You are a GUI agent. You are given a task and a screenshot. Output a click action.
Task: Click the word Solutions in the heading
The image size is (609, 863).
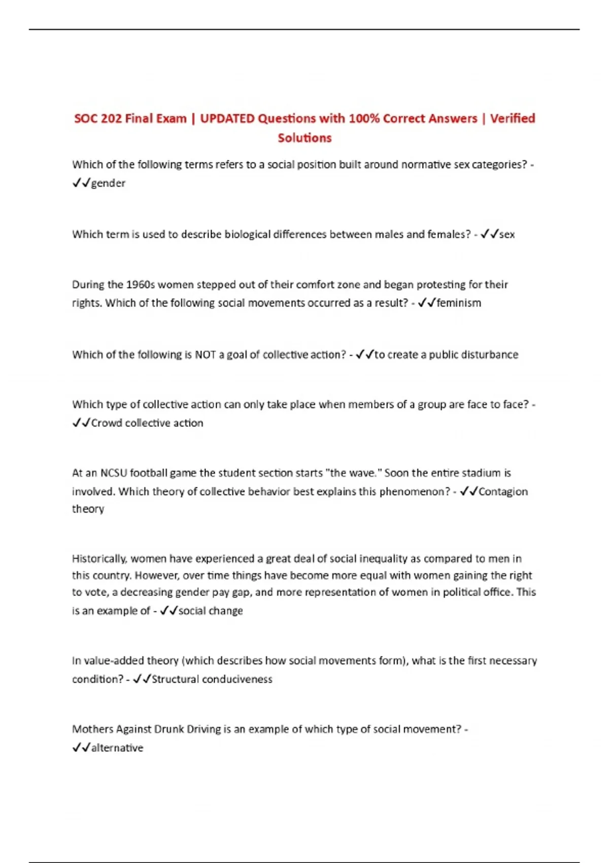[x=304, y=138]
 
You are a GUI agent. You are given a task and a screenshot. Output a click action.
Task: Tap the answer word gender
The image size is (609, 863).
[x=108, y=183]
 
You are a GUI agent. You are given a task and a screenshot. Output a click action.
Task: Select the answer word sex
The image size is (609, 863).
[x=507, y=235]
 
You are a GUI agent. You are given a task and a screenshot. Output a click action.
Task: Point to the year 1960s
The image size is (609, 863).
[x=141, y=285]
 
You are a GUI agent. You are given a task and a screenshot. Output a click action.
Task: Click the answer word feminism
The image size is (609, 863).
[x=459, y=303]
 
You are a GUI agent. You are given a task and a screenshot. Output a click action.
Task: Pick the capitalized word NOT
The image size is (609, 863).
[x=206, y=355]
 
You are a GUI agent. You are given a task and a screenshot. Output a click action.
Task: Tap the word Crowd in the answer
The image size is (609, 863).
[x=107, y=423]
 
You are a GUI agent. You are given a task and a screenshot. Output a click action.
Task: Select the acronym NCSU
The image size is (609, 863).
[x=114, y=473]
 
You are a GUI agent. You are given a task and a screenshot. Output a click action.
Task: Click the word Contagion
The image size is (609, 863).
[x=503, y=492]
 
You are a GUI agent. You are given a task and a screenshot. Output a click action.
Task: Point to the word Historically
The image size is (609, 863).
[x=99, y=559]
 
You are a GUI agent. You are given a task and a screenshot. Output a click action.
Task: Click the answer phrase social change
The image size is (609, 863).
[x=211, y=611]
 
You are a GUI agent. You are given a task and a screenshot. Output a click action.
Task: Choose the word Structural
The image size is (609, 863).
[x=175, y=680]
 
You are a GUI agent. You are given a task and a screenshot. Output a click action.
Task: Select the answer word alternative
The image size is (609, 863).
[x=117, y=748]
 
